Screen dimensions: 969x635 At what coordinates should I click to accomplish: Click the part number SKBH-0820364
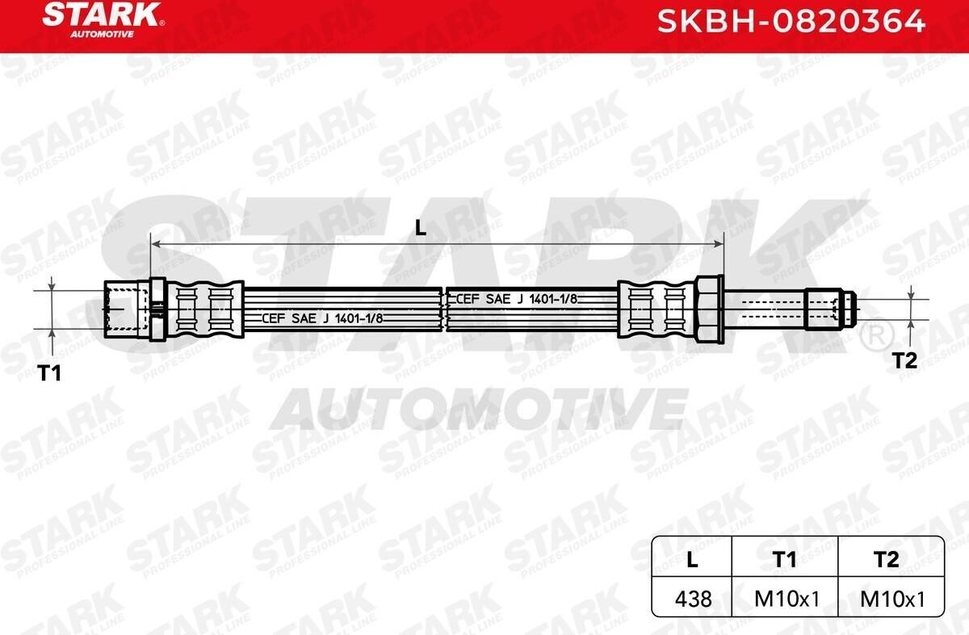point(791,21)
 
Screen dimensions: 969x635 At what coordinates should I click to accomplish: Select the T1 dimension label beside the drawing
point(50,373)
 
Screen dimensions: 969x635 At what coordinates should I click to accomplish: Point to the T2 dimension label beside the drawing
point(905,360)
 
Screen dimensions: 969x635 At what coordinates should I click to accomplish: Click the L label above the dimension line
point(421,228)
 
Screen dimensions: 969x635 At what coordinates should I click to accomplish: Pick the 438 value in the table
point(693,599)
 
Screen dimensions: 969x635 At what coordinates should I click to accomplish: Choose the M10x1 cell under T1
point(787,599)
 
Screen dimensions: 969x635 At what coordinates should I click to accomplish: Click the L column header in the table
point(692,559)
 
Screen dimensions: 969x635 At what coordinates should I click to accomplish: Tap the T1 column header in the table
point(785,559)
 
